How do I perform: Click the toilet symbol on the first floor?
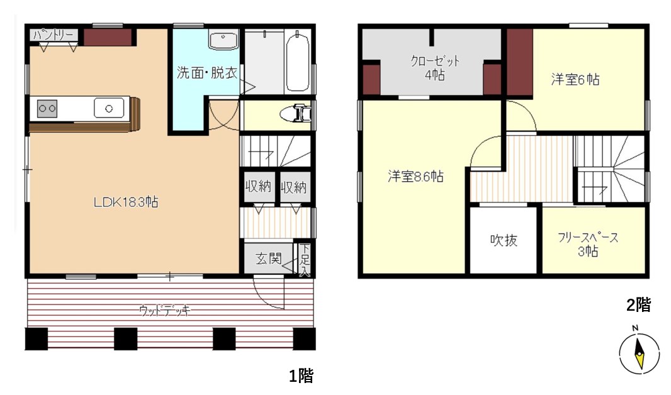coord(296,114)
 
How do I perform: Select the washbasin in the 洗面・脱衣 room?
coord(223,40)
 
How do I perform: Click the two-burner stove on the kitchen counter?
coord(47,109)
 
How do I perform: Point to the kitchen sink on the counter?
coord(109,109)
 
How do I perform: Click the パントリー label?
coord(54,35)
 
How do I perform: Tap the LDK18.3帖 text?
coord(126,202)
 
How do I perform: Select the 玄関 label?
coord(269,259)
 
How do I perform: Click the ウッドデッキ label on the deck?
coord(164,310)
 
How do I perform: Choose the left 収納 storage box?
coord(258,187)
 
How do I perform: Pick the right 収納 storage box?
coord(295,187)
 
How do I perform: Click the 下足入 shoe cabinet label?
coord(305,260)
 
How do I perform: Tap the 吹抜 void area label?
coord(504,240)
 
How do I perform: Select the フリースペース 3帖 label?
coord(588,245)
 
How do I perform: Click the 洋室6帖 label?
coord(575,80)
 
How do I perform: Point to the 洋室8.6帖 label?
coord(415,176)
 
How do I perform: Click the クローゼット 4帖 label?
coord(435,68)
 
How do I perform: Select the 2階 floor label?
coord(638,305)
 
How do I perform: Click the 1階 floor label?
coord(302,376)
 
